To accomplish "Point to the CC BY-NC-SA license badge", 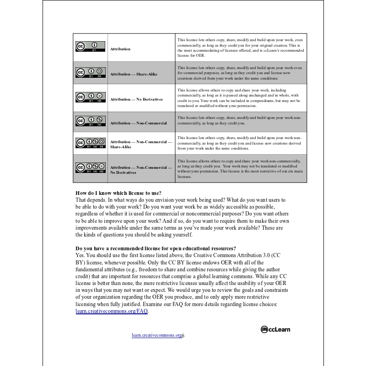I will [x=91, y=143].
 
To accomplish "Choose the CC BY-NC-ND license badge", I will [x=91, y=168].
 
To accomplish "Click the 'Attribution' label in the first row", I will [x=120, y=49].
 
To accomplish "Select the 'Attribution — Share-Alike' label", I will [x=134, y=74].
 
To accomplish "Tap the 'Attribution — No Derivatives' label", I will [x=136, y=99].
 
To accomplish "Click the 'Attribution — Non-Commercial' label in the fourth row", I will [x=138, y=123].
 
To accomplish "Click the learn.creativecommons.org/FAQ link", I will [x=112, y=311].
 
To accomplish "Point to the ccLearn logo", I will [x=275, y=329].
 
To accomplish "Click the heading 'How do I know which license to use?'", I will [x=118, y=193].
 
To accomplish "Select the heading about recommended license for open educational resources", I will [x=156, y=248].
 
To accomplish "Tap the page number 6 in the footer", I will [x=183, y=335].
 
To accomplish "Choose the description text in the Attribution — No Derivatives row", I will [x=239, y=98].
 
